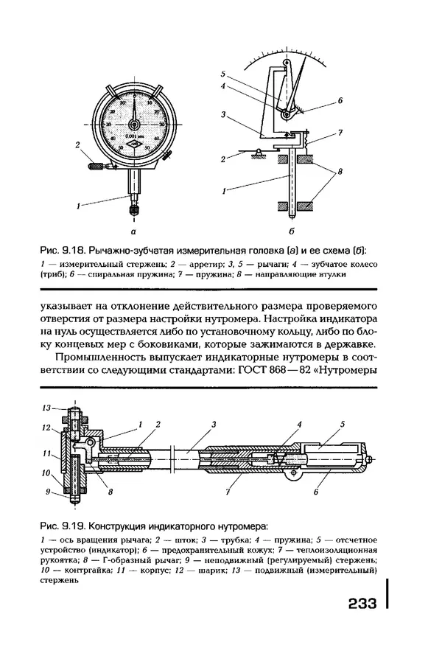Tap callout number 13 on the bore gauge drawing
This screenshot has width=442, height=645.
(x=46, y=408)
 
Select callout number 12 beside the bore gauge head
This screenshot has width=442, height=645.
(x=46, y=427)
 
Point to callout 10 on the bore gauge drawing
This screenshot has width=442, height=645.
(x=46, y=473)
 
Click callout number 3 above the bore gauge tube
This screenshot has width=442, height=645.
(x=213, y=425)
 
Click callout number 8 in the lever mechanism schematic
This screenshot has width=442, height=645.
(x=340, y=170)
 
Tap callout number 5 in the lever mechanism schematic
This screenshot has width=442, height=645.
(x=222, y=74)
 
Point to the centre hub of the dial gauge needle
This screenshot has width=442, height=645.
(x=135, y=121)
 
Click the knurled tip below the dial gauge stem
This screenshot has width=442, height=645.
(x=134, y=210)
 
